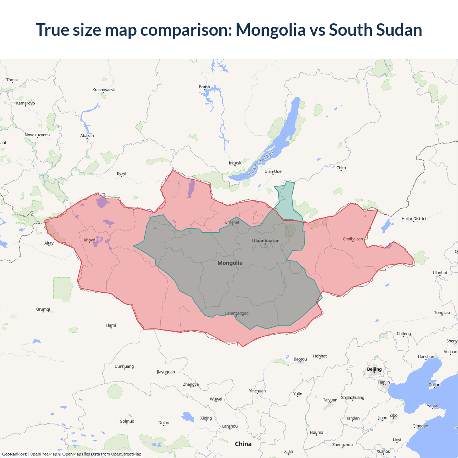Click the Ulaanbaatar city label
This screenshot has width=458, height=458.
[x=265, y=241]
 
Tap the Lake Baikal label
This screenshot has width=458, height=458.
[x=261, y=163]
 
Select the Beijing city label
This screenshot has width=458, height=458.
[x=374, y=369]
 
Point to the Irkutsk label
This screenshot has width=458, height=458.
[x=235, y=163]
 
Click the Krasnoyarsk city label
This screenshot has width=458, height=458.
[x=104, y=90]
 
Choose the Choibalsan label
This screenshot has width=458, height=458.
[x=353, y=239]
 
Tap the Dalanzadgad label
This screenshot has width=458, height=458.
[x=237, y=313]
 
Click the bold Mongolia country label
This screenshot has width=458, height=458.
[x=230, y=263]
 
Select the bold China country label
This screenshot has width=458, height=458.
[x=243, y=444]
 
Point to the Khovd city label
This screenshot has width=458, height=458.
[x=89, y=240]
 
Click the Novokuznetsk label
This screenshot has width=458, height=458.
[x=38, y=135]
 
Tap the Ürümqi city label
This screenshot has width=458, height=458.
[x=43, y=309]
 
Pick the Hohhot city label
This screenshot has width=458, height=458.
[x=320, y=356]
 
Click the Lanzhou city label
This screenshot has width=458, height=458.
[x=230, y=426]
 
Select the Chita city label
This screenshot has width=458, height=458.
[x=341, y=168]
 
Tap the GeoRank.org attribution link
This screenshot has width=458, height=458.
[x=14, y=454]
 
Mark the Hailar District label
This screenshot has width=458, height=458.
[x=414, y=219]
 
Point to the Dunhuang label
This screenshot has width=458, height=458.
[x=124, y=366]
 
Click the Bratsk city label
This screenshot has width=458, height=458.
[x=205, y=87]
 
